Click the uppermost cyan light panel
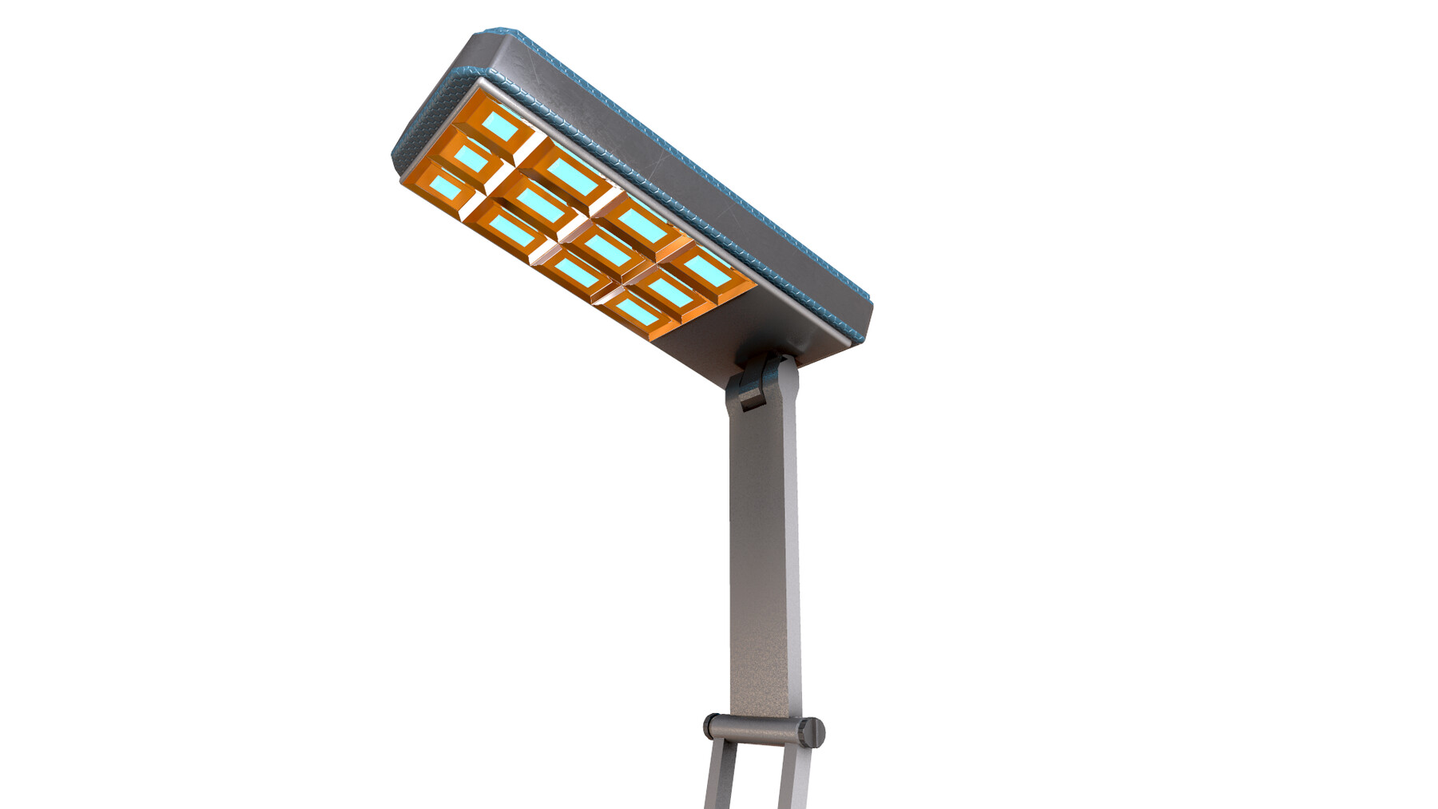500,125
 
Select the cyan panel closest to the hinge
706,272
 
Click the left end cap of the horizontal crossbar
709,726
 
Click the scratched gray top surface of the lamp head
655,160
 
